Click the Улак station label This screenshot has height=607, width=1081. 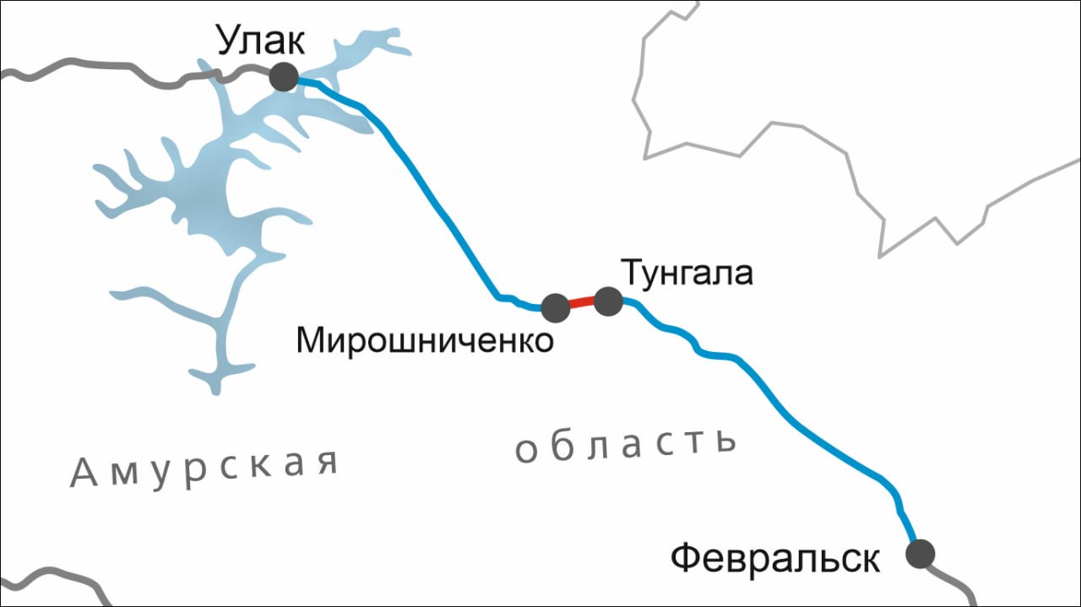point(260,41)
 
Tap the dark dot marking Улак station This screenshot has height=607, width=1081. point(284,77)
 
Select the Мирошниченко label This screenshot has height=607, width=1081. point(425,340)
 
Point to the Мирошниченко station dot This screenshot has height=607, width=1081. point(555,307)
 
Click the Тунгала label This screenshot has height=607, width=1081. point(686,273)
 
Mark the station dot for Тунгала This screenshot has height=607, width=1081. point(608,301)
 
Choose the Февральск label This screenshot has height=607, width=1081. point(775,558)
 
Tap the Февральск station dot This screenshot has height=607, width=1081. point(920,555)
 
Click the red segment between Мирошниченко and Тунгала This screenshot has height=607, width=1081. point(582,302)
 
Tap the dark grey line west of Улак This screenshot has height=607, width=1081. point(127,68)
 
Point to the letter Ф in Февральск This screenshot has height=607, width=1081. point(686,558)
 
